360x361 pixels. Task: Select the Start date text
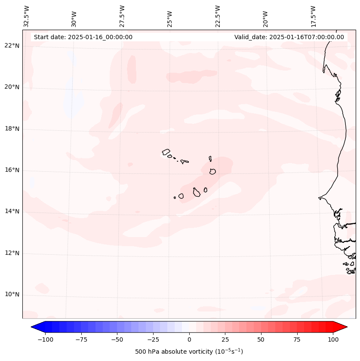(x=83, y=37)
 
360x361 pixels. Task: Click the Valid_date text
(x=289, y=37)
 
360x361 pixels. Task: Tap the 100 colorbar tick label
(x=333, y=339)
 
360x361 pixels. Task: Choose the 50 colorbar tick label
(x=261, y=339)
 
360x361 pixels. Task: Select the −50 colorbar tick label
(x=117, y=339)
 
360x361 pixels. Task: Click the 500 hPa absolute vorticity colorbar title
(x=189, y=352)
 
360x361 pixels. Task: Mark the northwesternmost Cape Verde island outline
(x=166, y=152)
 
